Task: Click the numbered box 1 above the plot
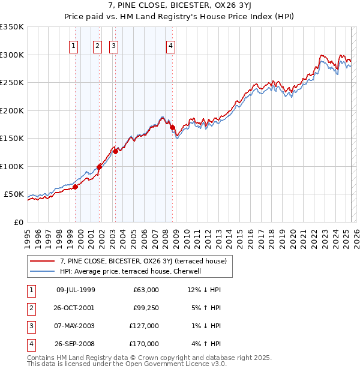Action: [x=73, y=46]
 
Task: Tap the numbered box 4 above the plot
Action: [x=171, y=46]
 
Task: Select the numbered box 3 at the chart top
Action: [x=113, y=46]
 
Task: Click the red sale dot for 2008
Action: [x=172, y=128]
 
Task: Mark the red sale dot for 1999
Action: [x=75, y=187]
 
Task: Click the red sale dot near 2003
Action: [x=115, y=152]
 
